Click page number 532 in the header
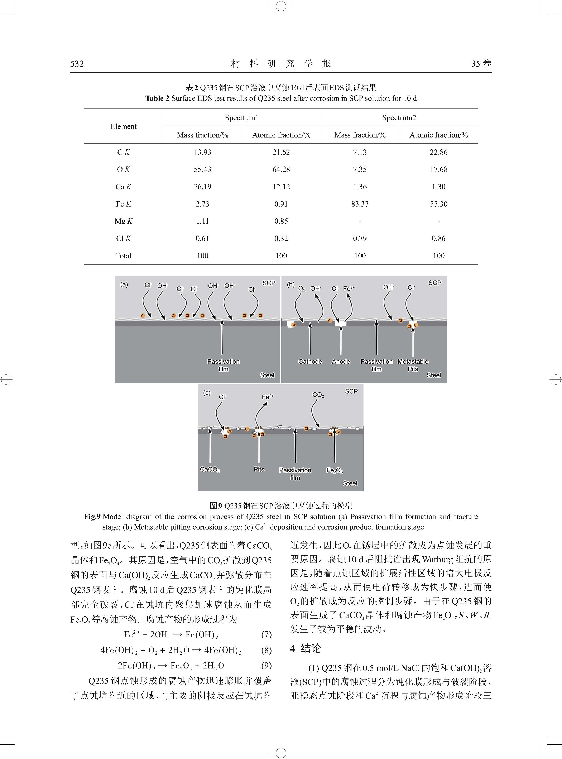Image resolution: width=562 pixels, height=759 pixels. [77, 64]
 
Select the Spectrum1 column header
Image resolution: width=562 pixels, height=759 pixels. [241, 118]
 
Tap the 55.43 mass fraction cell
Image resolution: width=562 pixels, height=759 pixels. [202, 169]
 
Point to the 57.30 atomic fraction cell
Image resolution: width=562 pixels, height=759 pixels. [438, 204]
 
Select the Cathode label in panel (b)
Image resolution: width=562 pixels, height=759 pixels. [310, 362]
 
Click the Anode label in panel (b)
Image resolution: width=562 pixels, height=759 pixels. [341, 362]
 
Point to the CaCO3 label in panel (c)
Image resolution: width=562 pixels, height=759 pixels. [210, 470]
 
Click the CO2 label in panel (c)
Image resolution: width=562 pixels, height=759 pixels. [318, 395]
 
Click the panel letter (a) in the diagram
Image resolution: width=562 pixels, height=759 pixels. [124, 285]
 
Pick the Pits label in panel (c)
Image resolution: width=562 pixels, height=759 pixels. [259, 469]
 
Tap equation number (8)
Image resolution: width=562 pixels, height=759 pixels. [266, 650]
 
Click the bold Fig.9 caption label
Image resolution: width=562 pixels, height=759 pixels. [92, 517]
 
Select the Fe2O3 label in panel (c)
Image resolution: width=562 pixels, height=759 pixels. [334, 470]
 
